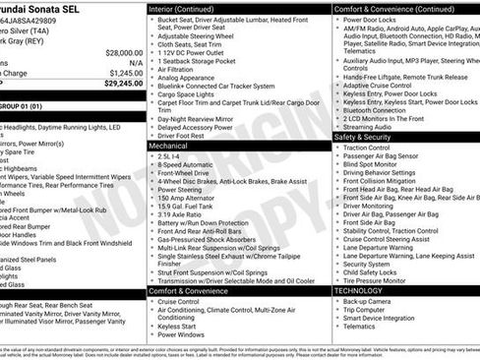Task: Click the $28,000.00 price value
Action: [123, 53]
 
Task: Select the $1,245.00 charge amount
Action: [125, 73]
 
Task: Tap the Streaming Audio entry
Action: [368, 127]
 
